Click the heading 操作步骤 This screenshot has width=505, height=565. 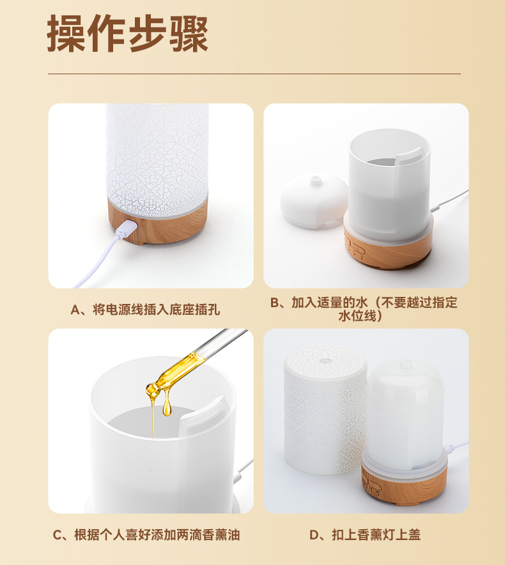coord(127,33)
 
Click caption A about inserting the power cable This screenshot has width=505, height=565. coord(145,310)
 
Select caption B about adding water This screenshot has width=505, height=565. coord(364,309)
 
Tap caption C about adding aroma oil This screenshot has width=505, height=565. coord(146,535)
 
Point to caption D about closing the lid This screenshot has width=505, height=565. coord(365,535)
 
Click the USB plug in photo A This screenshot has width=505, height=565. coord(127,228)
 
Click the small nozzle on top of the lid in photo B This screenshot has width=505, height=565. coord(316,180)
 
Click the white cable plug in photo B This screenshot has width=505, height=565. coord(436,208)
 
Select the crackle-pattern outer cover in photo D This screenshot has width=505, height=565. coord(324,408)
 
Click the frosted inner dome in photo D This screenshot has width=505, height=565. coord(405,415)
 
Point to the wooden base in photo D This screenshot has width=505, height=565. coord(404,484)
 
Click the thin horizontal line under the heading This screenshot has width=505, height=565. coord(254,74)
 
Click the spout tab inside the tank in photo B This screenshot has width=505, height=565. coord(409,155)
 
